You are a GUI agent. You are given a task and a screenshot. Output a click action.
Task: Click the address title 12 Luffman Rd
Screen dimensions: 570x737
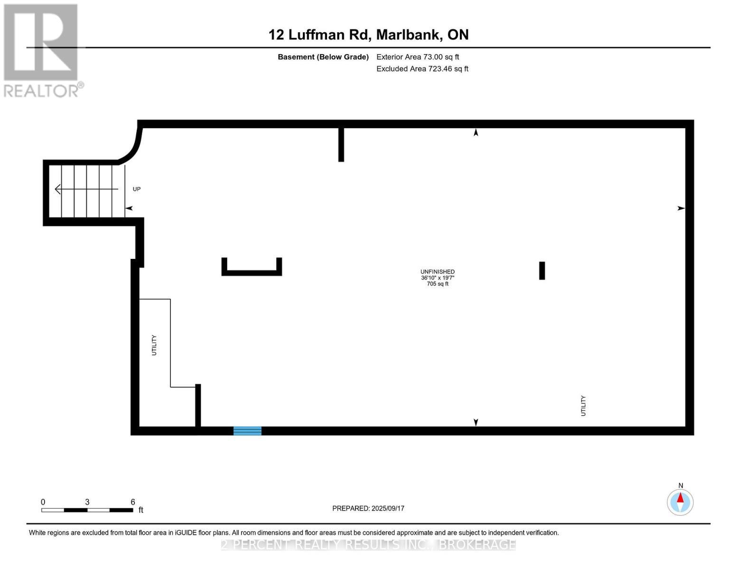(x=368, y=35)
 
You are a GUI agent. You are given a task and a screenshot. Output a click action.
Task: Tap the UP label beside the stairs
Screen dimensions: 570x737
(x=137, y=189)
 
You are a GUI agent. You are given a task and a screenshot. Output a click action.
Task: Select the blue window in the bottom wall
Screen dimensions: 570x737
(x=247, y=431)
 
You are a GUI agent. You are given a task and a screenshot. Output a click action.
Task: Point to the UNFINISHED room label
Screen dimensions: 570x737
(x=438, y=272)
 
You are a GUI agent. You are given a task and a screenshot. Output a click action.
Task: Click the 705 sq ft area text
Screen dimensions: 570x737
(x=438, y=284)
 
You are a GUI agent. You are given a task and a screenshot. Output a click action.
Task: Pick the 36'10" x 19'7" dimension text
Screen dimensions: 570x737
(x=438, y=278)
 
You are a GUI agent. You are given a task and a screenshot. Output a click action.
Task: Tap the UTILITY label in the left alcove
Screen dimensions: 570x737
(x=154, y=345)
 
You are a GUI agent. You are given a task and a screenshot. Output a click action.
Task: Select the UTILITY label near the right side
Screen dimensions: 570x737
(x=583, y=406)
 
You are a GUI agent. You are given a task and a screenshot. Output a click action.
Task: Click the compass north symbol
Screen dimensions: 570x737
(x=680, y=502)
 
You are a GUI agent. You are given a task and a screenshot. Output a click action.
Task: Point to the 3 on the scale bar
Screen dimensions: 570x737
(x=87, y=502)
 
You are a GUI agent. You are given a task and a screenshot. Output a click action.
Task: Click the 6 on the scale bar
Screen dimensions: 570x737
(x=133, y=502)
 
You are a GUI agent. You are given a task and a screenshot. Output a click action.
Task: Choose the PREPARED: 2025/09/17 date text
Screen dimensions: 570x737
(x=368, y=508)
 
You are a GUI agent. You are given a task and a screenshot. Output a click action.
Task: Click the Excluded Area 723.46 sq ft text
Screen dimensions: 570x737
(x=422, y=69)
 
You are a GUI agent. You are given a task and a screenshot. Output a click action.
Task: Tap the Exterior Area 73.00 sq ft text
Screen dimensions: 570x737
(x=418, y=57)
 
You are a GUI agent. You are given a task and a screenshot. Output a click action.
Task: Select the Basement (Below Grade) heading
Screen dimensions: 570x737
(x=323, y=57)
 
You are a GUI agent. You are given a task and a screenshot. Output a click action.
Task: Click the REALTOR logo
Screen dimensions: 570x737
(x=42, y=50)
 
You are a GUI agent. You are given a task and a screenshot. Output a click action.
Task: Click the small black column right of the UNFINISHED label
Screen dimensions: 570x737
(x=542, y=271)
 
